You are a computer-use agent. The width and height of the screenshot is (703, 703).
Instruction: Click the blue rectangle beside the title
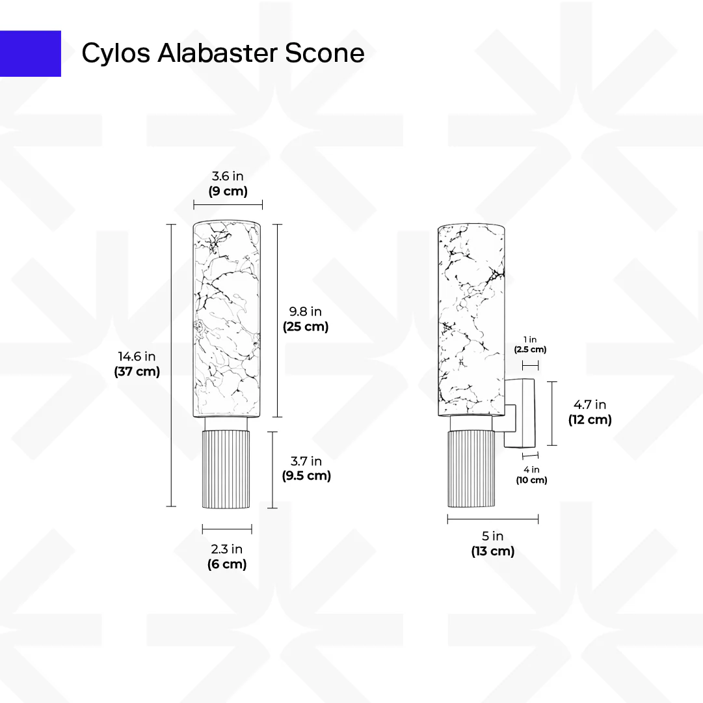pyautogui.click(x=30, y=53)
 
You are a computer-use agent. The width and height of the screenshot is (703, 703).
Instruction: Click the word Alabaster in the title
pyautogui.click(x=217, y=53)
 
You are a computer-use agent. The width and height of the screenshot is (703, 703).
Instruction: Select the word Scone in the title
pyautogui.click(x=325, y=53)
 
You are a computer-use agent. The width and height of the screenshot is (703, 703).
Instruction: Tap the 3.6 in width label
pyautogui.click(x=228, y=176)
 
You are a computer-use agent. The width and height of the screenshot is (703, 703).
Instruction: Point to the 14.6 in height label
pyautogui.click(x=137, y=356)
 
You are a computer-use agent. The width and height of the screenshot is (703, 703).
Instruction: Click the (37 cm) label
pyautogui.click(x=137, y=372)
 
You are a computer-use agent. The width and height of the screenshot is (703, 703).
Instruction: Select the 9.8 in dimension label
pyautogui.click(x=305, y=311)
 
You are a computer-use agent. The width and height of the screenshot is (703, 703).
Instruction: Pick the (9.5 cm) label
pyautogui.click(x=306, y=476)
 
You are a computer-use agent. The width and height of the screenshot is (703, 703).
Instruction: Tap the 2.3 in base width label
pyautogui.click(x=227, y=549)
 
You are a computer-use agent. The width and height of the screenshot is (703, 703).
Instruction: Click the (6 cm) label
pyautogui.click(x=227, y=564)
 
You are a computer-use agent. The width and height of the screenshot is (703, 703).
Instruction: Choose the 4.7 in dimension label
pyautogui.click(x=590, y=405)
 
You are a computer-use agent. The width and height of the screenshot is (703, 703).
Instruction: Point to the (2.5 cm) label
pyautogui.click(x=531, y=350)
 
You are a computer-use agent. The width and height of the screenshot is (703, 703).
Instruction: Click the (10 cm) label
pyautogui.click(x=531, y=480)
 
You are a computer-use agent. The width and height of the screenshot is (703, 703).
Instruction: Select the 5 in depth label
pyautogui.click(x=493, y=536)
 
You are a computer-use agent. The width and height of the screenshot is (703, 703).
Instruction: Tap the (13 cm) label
pyautogui.click(x=493, y=551)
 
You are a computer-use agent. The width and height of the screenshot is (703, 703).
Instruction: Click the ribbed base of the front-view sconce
pyautogui.click(x=226, y=469)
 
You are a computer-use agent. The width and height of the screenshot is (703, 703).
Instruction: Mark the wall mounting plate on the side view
pyautogui.click(x=529, y=413)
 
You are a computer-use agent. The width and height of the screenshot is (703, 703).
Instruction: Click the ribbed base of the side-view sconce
pyautogui.click(x=471, y=469)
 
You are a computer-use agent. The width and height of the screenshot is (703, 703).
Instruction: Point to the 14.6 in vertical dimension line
pyautogui.click(x=171, y=365)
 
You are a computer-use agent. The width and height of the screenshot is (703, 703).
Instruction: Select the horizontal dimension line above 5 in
pyautogui.click(x=493, y=519)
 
